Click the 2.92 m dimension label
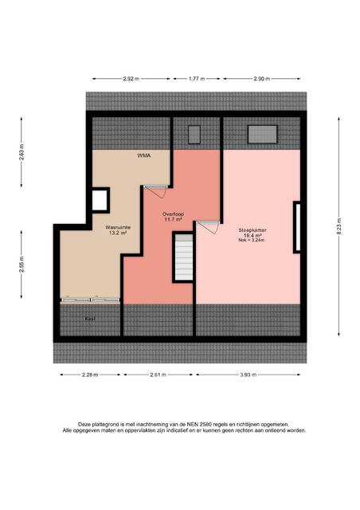131,79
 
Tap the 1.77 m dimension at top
197,79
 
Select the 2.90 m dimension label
262,79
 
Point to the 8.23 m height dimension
338,226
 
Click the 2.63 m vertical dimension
22,152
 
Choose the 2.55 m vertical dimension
22,265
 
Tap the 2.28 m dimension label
90,375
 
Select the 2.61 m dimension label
158,375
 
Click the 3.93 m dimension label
248,375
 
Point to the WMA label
143,156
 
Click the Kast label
90,319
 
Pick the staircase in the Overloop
184,257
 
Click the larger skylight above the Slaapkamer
263,135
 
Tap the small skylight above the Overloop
194,135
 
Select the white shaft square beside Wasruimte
100,200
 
